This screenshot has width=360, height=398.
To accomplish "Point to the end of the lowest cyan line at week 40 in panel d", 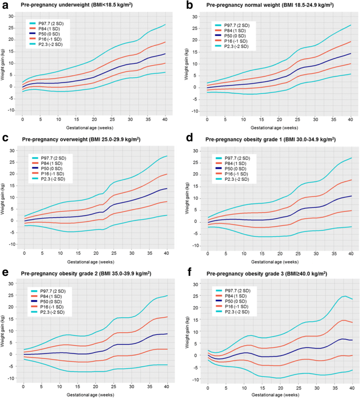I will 351,227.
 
